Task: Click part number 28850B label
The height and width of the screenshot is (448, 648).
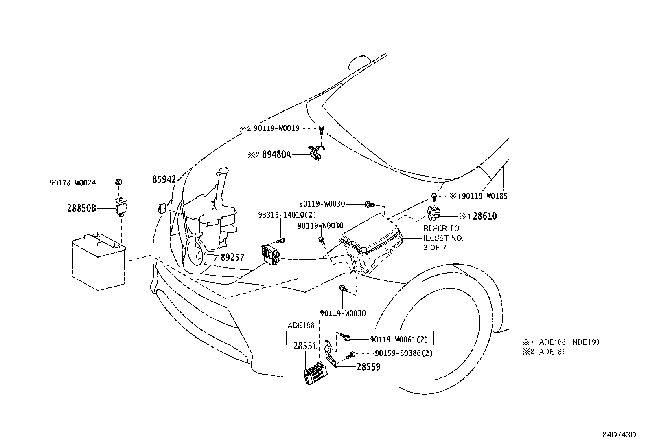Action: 81,208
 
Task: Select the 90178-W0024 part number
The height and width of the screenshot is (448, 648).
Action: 72,183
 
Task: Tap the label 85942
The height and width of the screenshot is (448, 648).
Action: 164,179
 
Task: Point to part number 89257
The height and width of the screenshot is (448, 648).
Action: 232,257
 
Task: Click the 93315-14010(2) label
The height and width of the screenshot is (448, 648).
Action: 287,214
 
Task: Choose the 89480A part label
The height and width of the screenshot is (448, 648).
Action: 276,154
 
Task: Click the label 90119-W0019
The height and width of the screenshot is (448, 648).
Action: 276,128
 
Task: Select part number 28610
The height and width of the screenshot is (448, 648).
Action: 484,216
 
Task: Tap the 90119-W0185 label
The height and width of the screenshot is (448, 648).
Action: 485,196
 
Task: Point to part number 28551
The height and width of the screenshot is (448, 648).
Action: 305,346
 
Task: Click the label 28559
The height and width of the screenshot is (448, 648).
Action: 368,367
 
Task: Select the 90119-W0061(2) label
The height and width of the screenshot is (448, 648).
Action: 398,339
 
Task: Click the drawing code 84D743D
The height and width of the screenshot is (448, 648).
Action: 619,434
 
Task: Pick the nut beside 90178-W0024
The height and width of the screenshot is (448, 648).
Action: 119,182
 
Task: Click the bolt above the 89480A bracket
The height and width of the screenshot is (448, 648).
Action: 322,130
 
